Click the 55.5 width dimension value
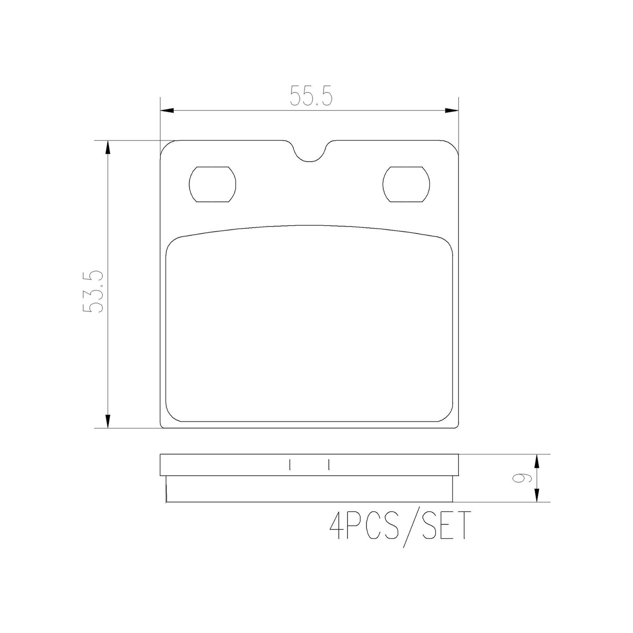pyautogui.click(x=311, y=96)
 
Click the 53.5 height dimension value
pyautogui.click(x=93, y=292)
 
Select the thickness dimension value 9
pyautogui.click(x=518, y=478)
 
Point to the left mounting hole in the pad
pyautogui.click(x=213, y=184)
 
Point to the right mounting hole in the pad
pyautogui.click(x=406, y=184)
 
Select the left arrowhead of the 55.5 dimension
pyautogui.click(x=167, y=110)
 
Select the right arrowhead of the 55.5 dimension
pyautogui.click(x=451, y=110)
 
